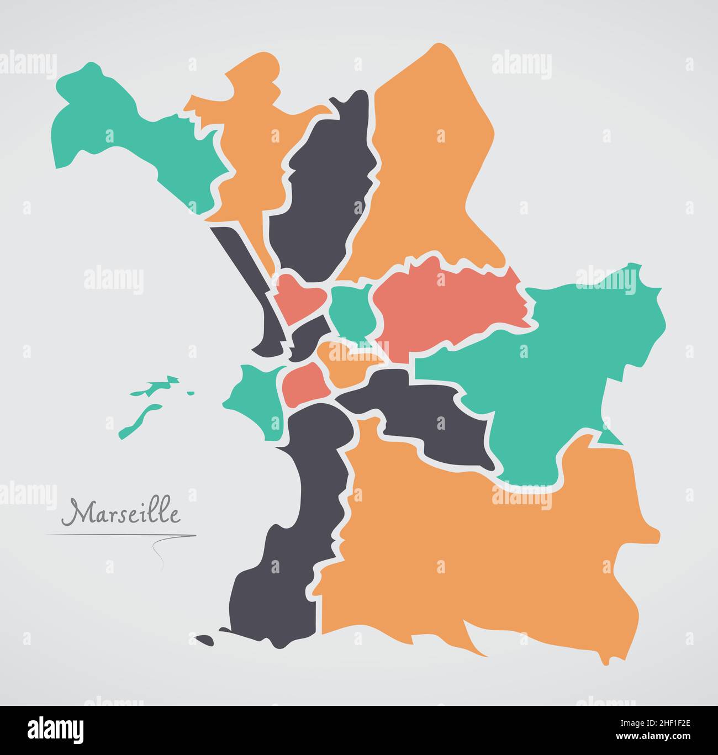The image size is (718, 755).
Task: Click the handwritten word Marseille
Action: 120,513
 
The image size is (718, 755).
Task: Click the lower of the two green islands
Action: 138,420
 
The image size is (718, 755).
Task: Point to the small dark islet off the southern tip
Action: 205,639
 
